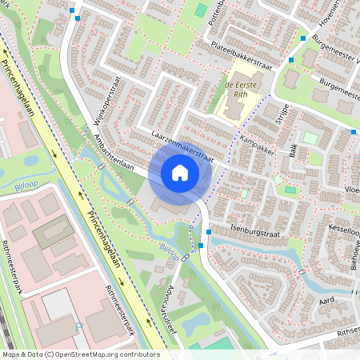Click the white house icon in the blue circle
[x=180, y=173]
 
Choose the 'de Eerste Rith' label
[x=239, y=86]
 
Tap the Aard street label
[x=326, y=300]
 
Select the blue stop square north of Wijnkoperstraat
[x=73, y=11]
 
